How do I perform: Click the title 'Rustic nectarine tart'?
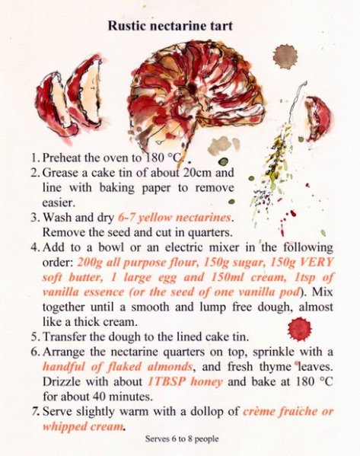(x=170, y=26)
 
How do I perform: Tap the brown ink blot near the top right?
(x=285, y=56)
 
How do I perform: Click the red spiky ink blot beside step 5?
(x=299, y=330)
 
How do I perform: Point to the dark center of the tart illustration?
(x=192, y=87)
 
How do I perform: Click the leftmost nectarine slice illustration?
(x=54, y=105)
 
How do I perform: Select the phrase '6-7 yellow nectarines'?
(x=174, y=218)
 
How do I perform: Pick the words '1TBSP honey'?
(x=185, y=381)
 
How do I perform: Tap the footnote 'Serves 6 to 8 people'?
(x=182, y=438)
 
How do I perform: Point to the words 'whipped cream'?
(x=83, y=427)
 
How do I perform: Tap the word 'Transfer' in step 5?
(x=64, y=337)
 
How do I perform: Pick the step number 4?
(x=35, y=247)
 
